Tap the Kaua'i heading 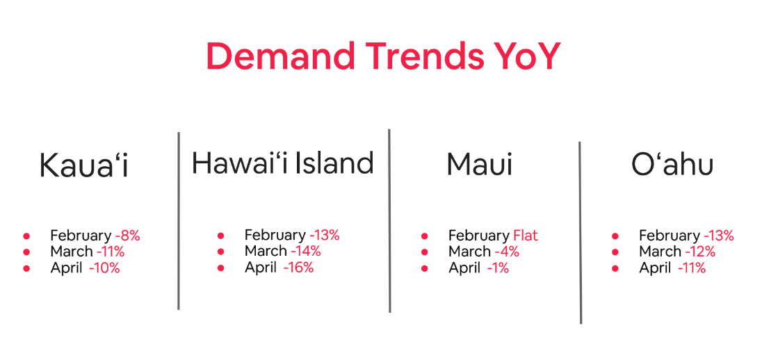point(84,165)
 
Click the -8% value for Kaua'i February point(128,236)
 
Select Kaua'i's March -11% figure point(111,252)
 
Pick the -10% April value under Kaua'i point(104,268)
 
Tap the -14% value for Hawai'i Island point(306,251)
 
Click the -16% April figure point(298,267)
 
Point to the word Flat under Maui point(526,236)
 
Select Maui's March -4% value point(507,252)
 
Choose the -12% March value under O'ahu point(700,252)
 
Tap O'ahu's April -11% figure point(692,268)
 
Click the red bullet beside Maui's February point(425,236)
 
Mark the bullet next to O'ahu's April point(615,268)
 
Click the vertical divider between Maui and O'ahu point(581,233)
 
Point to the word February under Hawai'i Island point(275,236)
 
